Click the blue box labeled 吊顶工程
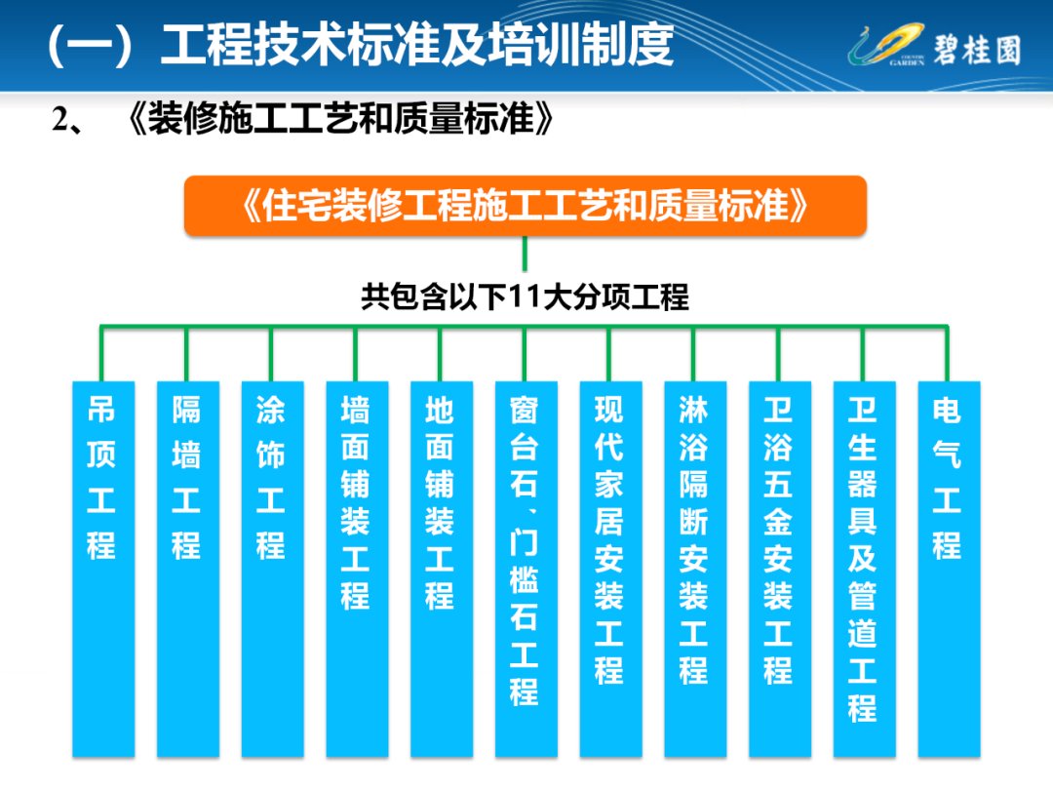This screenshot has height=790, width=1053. [103, 569]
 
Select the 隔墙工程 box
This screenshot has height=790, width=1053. [188, 569]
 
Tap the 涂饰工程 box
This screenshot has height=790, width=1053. [273, 569]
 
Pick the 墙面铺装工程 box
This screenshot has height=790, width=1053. [357, 569]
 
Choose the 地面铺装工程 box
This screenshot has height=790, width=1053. [442, 569]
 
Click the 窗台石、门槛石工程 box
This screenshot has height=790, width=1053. [526, 569]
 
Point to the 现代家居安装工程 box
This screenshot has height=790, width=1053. [611, 569]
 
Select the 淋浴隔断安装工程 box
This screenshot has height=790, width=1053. [696, 569]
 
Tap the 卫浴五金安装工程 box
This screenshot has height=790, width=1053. [780, 569]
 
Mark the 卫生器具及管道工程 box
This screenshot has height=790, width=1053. [864, 569]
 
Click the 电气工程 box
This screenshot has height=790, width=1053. [949, 569]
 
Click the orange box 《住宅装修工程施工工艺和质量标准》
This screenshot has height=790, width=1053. [526, 206]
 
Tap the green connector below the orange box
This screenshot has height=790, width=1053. [525, 254]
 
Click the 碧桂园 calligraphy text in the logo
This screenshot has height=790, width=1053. [977, 50]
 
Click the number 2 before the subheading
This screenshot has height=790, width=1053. [60, 120]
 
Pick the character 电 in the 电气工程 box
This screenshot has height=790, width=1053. [947, 410]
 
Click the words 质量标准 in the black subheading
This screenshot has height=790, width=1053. [463, 119]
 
